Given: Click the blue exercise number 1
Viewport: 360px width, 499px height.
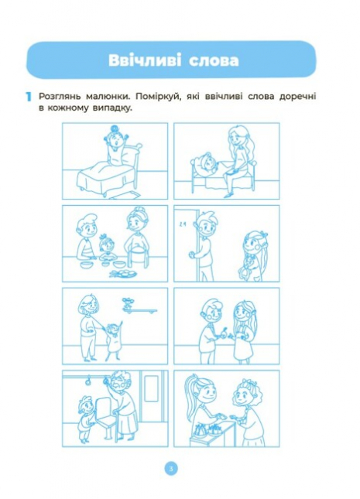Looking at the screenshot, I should pos(27,97).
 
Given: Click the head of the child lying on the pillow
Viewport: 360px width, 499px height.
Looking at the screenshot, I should pos(204,166).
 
